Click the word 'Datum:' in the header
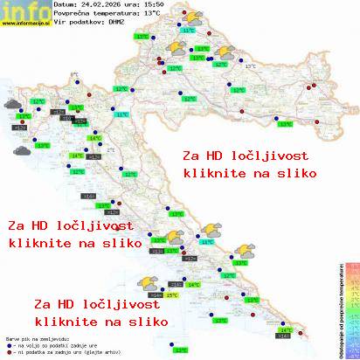click(66, 4)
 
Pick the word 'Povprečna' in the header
click(71, 14)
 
